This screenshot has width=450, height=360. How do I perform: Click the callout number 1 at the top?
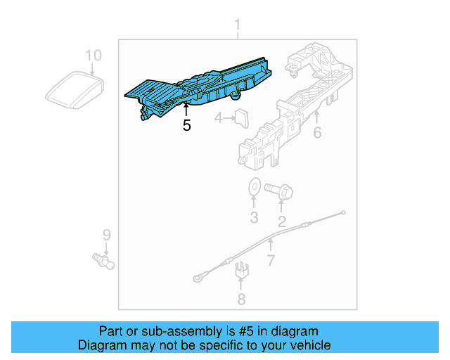click(237, 27)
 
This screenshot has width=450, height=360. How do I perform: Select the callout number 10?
click(94, 55)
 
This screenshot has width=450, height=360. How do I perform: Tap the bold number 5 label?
click(186, 126)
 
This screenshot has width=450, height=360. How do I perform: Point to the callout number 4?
click(219, 118)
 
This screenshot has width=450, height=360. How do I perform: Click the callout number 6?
click(317, 131)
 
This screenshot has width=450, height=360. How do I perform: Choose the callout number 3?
click(254, 217)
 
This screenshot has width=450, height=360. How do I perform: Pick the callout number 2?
click(282, 222)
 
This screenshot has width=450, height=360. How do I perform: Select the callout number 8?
click(241, 300)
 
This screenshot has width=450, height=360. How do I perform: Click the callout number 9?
click(107, 233)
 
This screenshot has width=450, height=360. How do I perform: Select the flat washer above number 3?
click(254, 188)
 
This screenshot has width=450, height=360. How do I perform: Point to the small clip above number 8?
click(241, 269)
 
